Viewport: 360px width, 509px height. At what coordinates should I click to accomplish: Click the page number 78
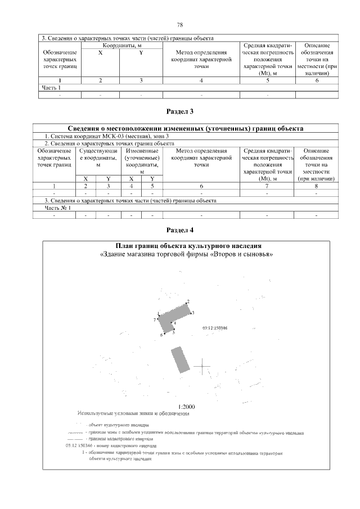point(180,24)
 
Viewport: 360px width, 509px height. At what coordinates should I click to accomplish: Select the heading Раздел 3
point(180,111)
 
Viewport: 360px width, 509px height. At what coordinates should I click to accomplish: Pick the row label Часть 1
point(51,88)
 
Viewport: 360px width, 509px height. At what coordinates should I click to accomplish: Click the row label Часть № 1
point(57,208)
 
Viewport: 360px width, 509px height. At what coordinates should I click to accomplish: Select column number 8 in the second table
point(317,186)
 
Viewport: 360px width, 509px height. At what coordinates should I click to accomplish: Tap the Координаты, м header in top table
point(121,45)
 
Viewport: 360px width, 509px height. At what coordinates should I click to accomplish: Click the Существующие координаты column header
point(98,158)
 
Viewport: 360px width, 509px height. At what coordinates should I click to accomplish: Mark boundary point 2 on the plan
point(188,302)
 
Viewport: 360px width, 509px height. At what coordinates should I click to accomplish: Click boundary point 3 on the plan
point(192,312)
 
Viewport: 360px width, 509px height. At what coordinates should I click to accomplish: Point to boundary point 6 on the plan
point(161,335)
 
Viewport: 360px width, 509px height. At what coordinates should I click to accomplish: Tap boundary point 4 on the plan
point(175,323)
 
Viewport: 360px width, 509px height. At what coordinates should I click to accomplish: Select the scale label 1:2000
point(186,407)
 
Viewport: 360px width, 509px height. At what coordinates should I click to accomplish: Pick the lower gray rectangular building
point(179,360)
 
